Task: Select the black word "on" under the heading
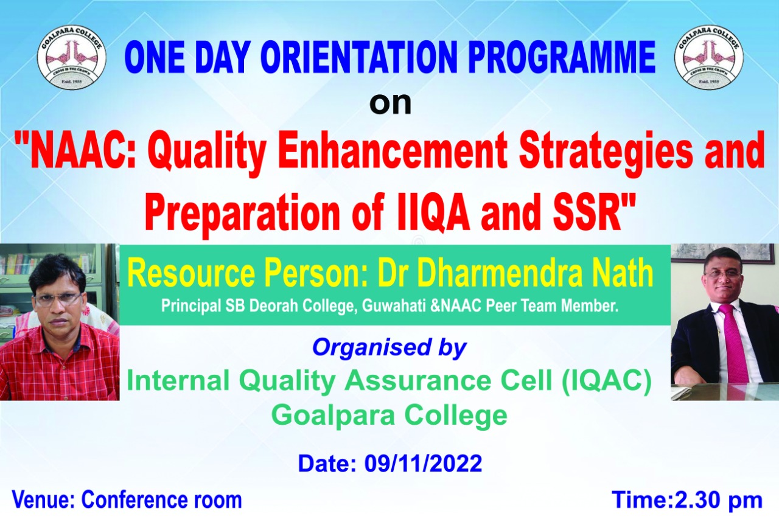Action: pyautogui.click(x=390, y=103)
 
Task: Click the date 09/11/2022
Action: pyautogui.click(x=423, y=463)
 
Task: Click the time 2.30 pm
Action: pyautogui.click(x=719, y=501)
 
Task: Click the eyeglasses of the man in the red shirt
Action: pyautogui.click(x=58, y=299)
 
